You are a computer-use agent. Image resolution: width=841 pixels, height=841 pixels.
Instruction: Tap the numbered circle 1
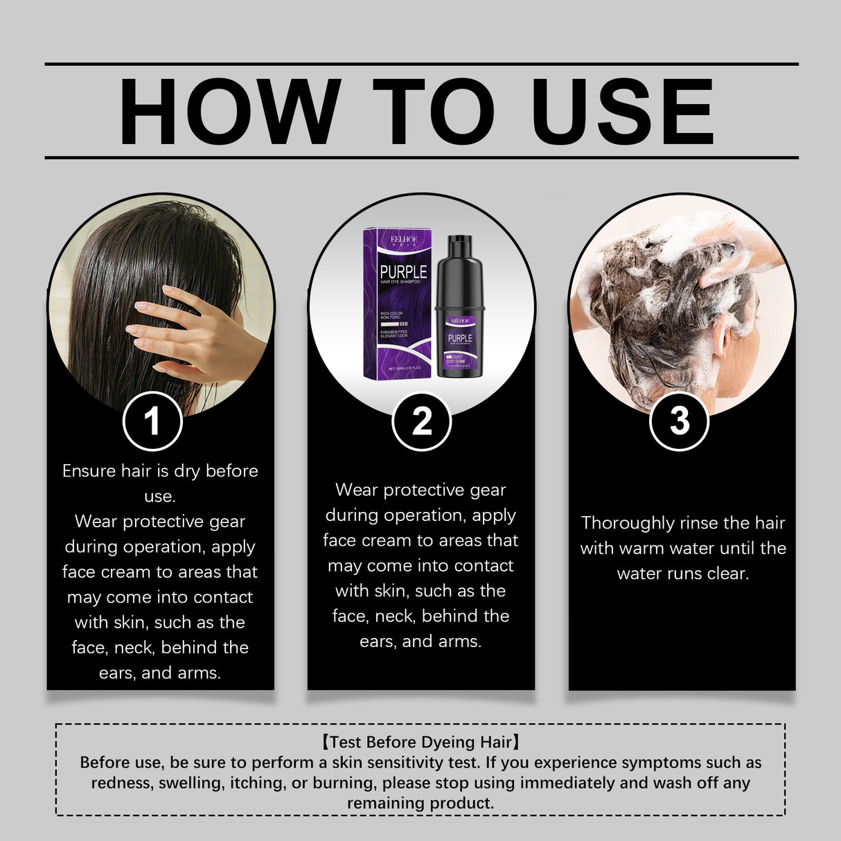click(152, 420)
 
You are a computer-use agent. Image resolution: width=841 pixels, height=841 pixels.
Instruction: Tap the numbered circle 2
click(421, 420)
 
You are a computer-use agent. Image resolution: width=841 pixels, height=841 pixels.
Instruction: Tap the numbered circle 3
click(679, 420)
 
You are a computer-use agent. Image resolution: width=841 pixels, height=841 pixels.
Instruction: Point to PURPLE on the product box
click(403, 272)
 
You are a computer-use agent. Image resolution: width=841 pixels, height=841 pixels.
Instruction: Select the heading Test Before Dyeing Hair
click(420, 742)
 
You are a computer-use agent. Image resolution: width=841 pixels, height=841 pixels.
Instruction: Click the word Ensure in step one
click(89, 471)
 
